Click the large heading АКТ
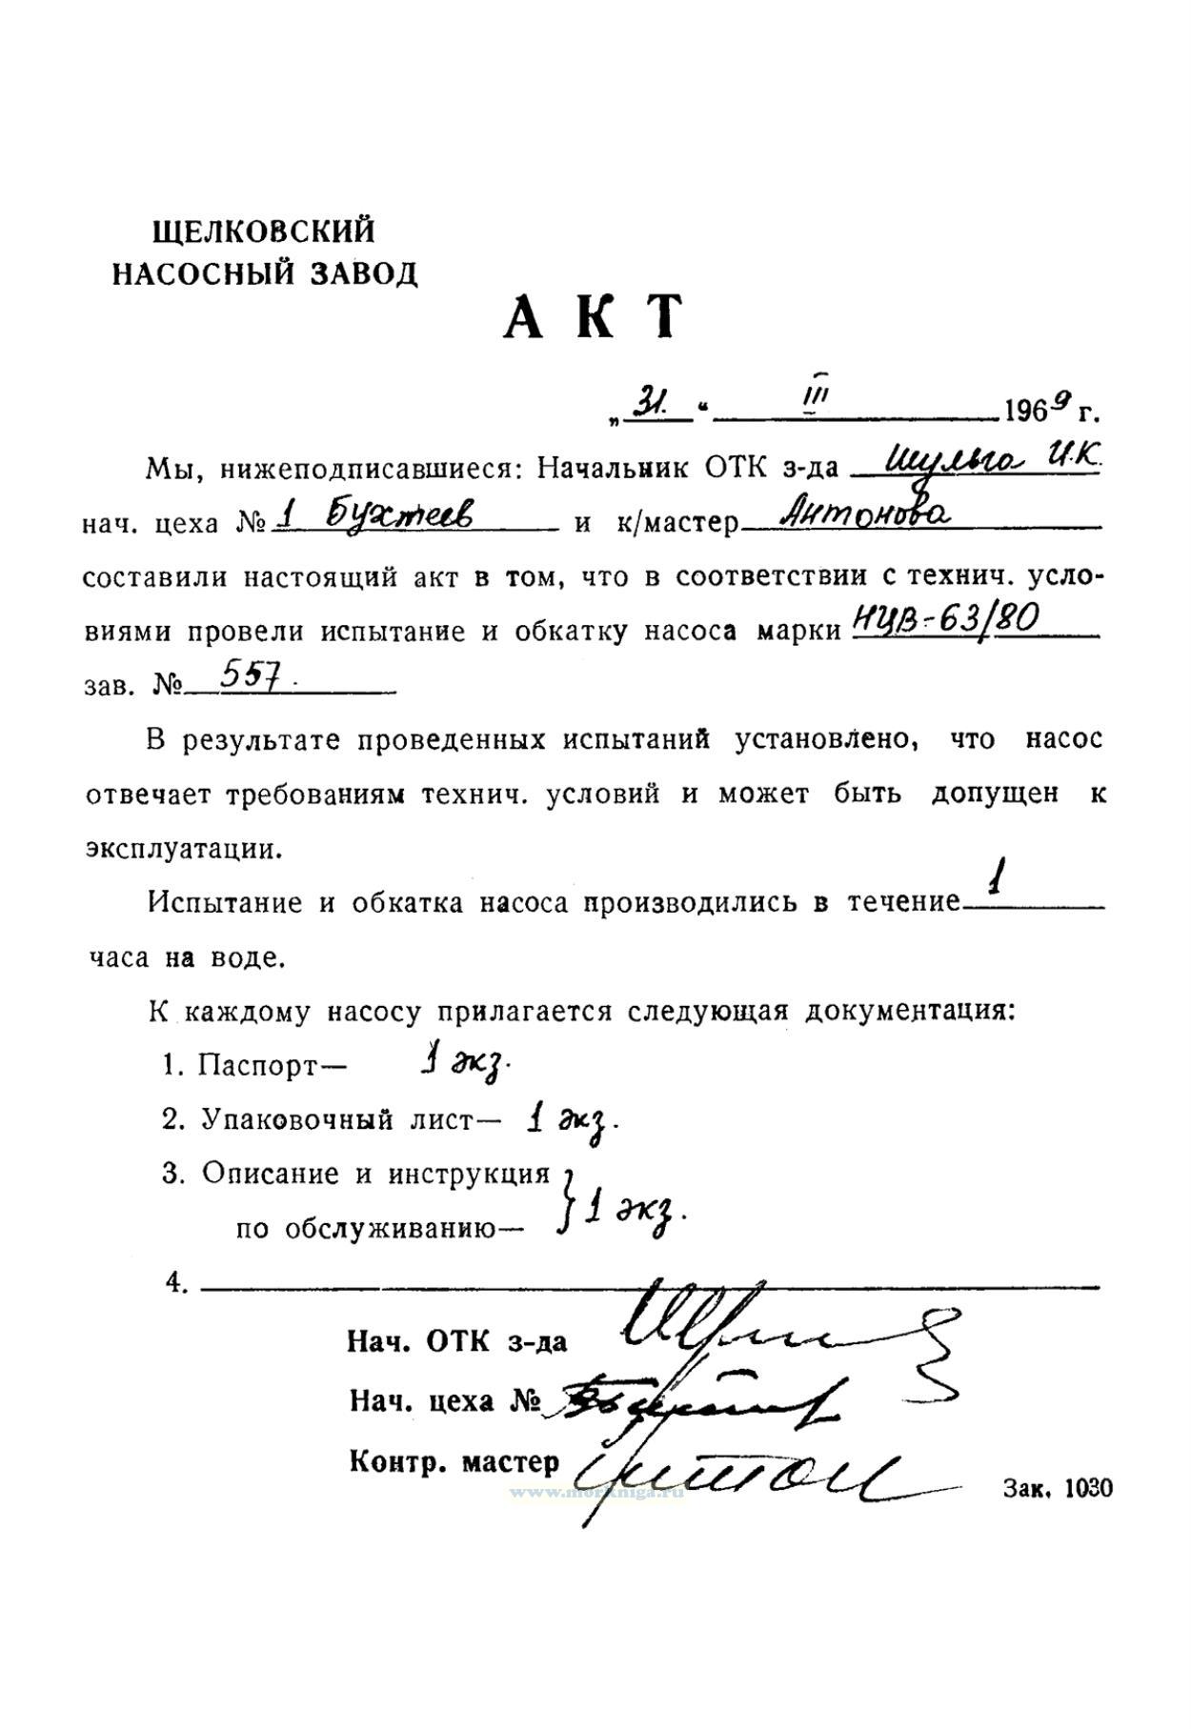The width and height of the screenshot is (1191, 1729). tap(594, 317)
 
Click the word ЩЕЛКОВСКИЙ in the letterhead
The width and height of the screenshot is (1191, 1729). tap(264, 231)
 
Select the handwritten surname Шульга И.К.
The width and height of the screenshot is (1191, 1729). tap(992, 463)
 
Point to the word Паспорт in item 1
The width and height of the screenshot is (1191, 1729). tap(256, 1065)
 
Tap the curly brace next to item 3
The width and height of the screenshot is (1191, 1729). tap(568, 1201)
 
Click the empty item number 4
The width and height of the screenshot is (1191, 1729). tap(175, 1283)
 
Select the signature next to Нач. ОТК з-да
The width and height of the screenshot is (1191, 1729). tap(762, 1334)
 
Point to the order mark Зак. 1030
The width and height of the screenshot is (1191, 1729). tap(1057, 1489)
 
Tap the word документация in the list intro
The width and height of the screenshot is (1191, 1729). tap(909, 1010)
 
